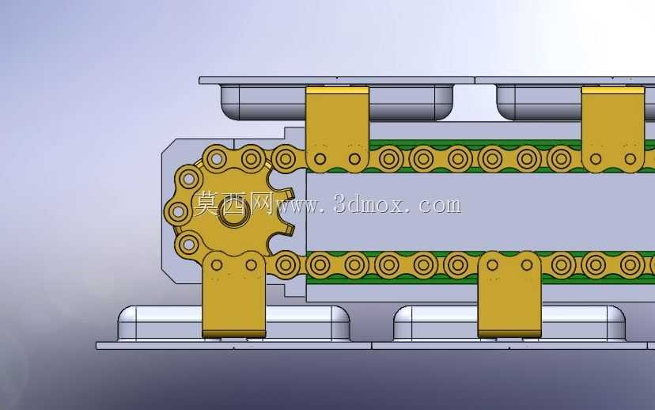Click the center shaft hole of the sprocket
click(x=234, y=214)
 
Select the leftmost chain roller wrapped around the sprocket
click(x=178, y=212)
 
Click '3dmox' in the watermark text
click(x=369, y=204)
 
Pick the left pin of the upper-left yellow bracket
click(x=320, y=159)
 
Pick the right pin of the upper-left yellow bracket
click(x=354, y=159)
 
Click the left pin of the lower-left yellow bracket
click(x=217, y=265)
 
